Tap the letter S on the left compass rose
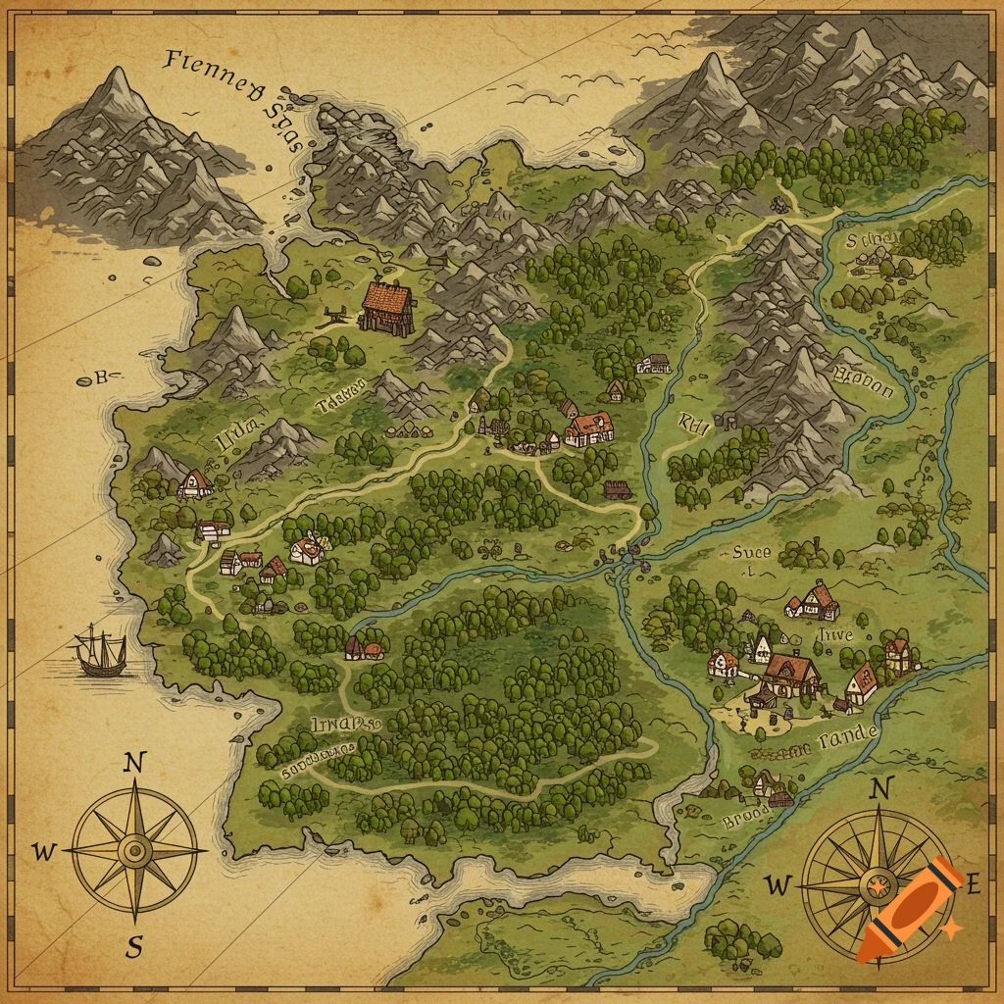(x=134, y=947)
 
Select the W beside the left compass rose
(x=44, y=852)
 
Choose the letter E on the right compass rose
(x=973, y=885)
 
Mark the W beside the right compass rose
(x=777, y=887)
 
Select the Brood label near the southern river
(x=747, y=820)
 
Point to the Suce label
(x=751, y=553)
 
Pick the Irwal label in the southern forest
(x=343, y=725)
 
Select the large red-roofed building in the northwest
(x=386, y=307)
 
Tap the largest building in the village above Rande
(x=790, y=675)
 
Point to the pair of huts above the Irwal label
(x=365, y=647)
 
